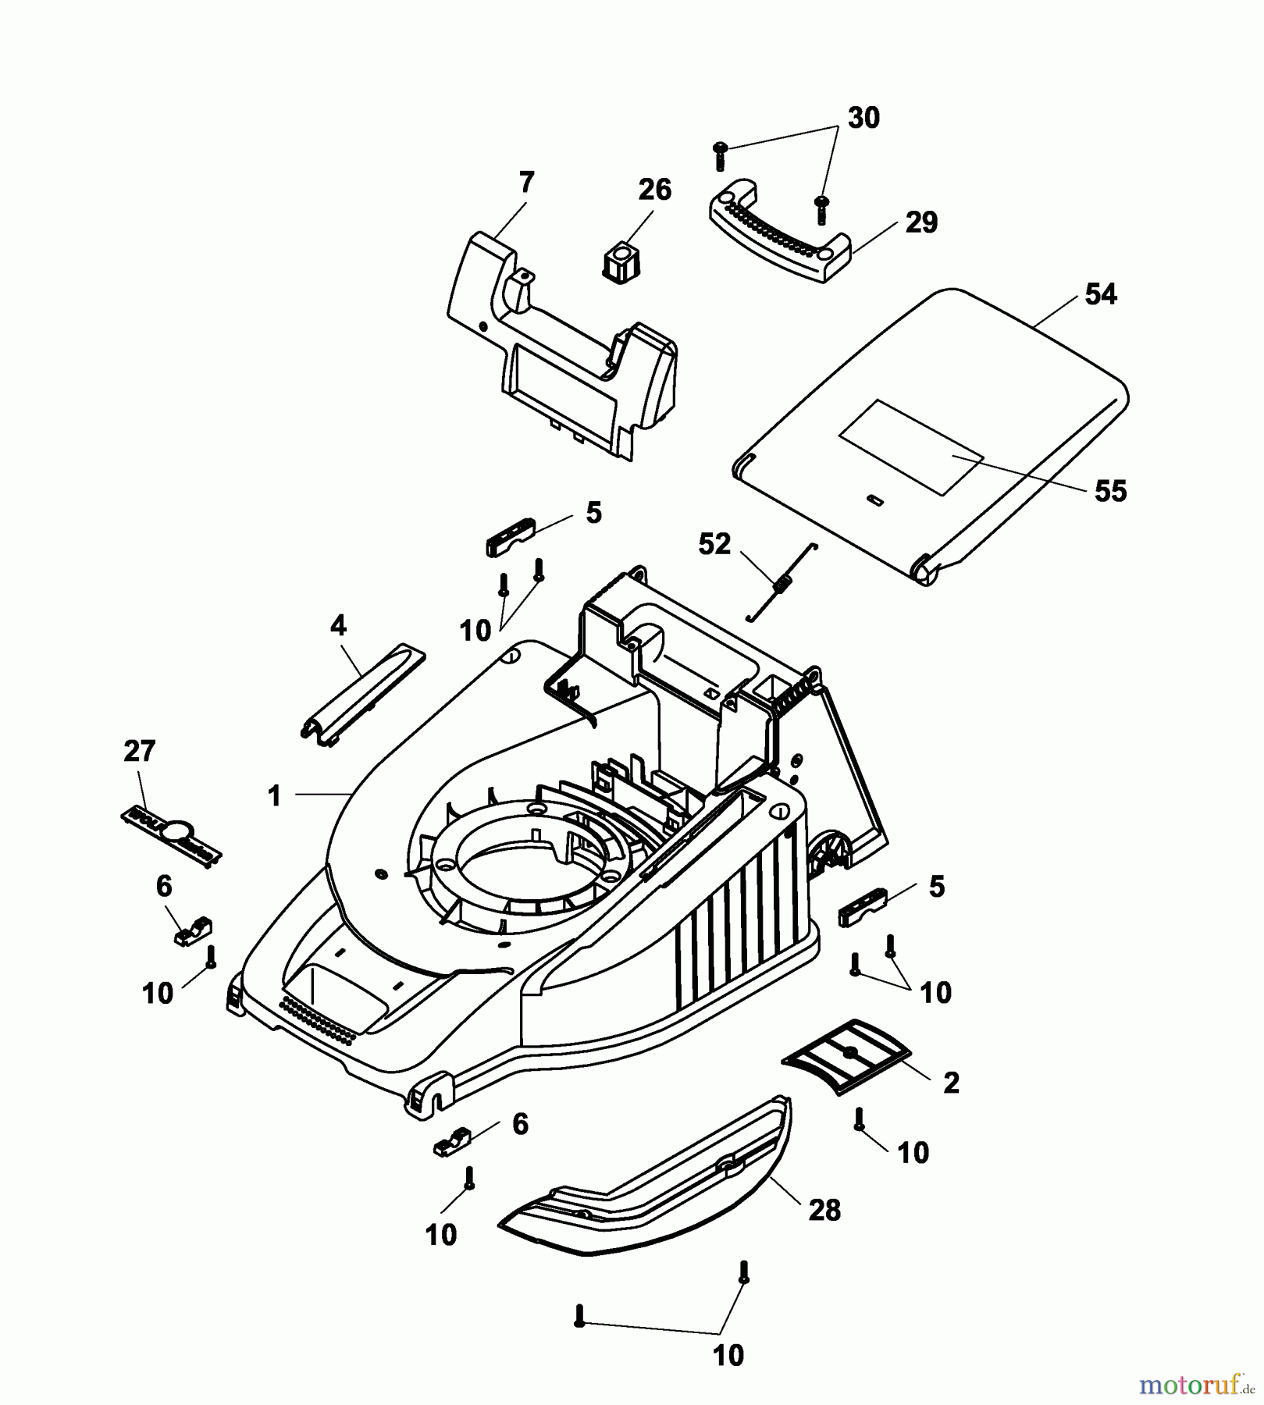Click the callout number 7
(526, 183)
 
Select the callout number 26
(654, 190)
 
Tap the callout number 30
(863, 118)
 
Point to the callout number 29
(921, 222)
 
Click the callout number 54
(1101, 294)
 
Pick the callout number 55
(1110, 491)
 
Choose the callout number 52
(714, 544)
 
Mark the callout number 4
(338, 625)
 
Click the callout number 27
(139, 751)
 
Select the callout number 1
(273, 796)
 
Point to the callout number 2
(951, 1083)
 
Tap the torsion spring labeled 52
(781, 582)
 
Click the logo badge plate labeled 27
(172, 837)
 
